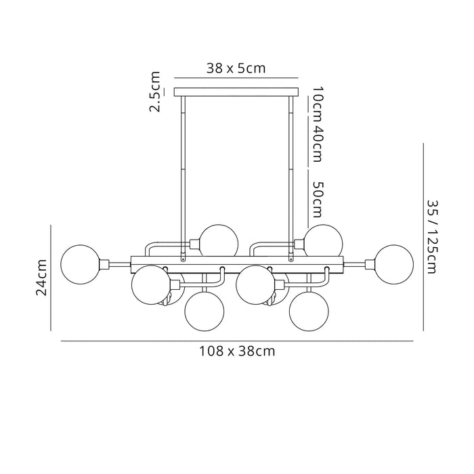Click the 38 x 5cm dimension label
[236, 68]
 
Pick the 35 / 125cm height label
[433, 236]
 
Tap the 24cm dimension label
[42, 278]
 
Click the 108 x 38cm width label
[237, 351]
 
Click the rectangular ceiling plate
[236, 91]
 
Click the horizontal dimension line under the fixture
[237, 341]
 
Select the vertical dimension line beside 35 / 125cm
[423, 236]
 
